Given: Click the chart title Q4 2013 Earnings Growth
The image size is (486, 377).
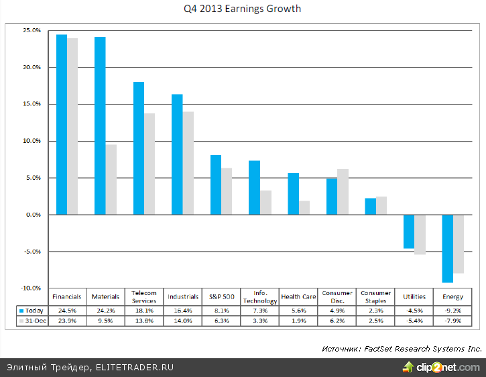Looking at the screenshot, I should tap(243, 9).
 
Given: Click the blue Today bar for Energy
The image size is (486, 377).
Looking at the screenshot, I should tap(447, 248).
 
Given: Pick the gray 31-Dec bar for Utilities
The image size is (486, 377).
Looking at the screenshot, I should tap(420, 235).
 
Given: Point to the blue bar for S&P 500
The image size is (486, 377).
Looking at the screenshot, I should tap(216, 184).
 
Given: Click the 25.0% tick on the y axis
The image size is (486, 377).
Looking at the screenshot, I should tap(32, 31).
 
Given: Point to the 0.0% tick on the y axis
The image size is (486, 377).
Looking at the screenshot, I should tap(33, 215).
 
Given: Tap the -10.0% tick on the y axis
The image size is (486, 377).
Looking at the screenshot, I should tap(31, 288).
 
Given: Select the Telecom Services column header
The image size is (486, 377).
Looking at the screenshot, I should tap(144, 297).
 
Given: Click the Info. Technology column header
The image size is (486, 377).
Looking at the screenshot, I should tap(259, 297).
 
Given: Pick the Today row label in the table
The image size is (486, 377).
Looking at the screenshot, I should tap(34, 311).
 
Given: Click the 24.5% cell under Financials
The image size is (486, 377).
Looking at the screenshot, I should tap(67, 311).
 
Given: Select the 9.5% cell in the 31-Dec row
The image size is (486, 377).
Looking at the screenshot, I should tap(106, 321).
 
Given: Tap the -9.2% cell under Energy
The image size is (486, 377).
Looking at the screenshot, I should tap(452, 311).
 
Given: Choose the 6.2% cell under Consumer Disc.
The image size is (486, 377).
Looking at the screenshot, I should tap(337, 321).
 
